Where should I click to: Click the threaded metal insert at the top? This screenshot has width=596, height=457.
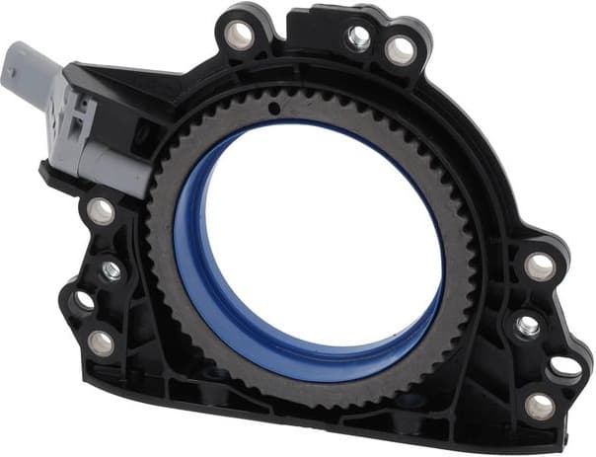click(359, 38)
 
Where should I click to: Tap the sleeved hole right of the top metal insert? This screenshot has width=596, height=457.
click(401, 49)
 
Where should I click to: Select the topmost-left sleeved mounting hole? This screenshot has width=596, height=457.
click(239, 36)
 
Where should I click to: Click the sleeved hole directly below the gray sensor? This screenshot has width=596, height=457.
click(102, 210)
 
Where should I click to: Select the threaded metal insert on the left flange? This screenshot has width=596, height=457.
click(112, 269)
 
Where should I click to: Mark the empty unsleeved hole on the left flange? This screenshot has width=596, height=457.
click(83, 300)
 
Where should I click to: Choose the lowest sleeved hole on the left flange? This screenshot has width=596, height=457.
click(102, 342)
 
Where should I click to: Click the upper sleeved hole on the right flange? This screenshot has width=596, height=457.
click(540, 267)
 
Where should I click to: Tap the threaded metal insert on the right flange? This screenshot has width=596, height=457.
click(527, 326)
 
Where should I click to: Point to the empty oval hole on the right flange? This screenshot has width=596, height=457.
click(565, 366)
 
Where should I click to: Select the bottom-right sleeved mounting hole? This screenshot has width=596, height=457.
click(539, 405)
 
